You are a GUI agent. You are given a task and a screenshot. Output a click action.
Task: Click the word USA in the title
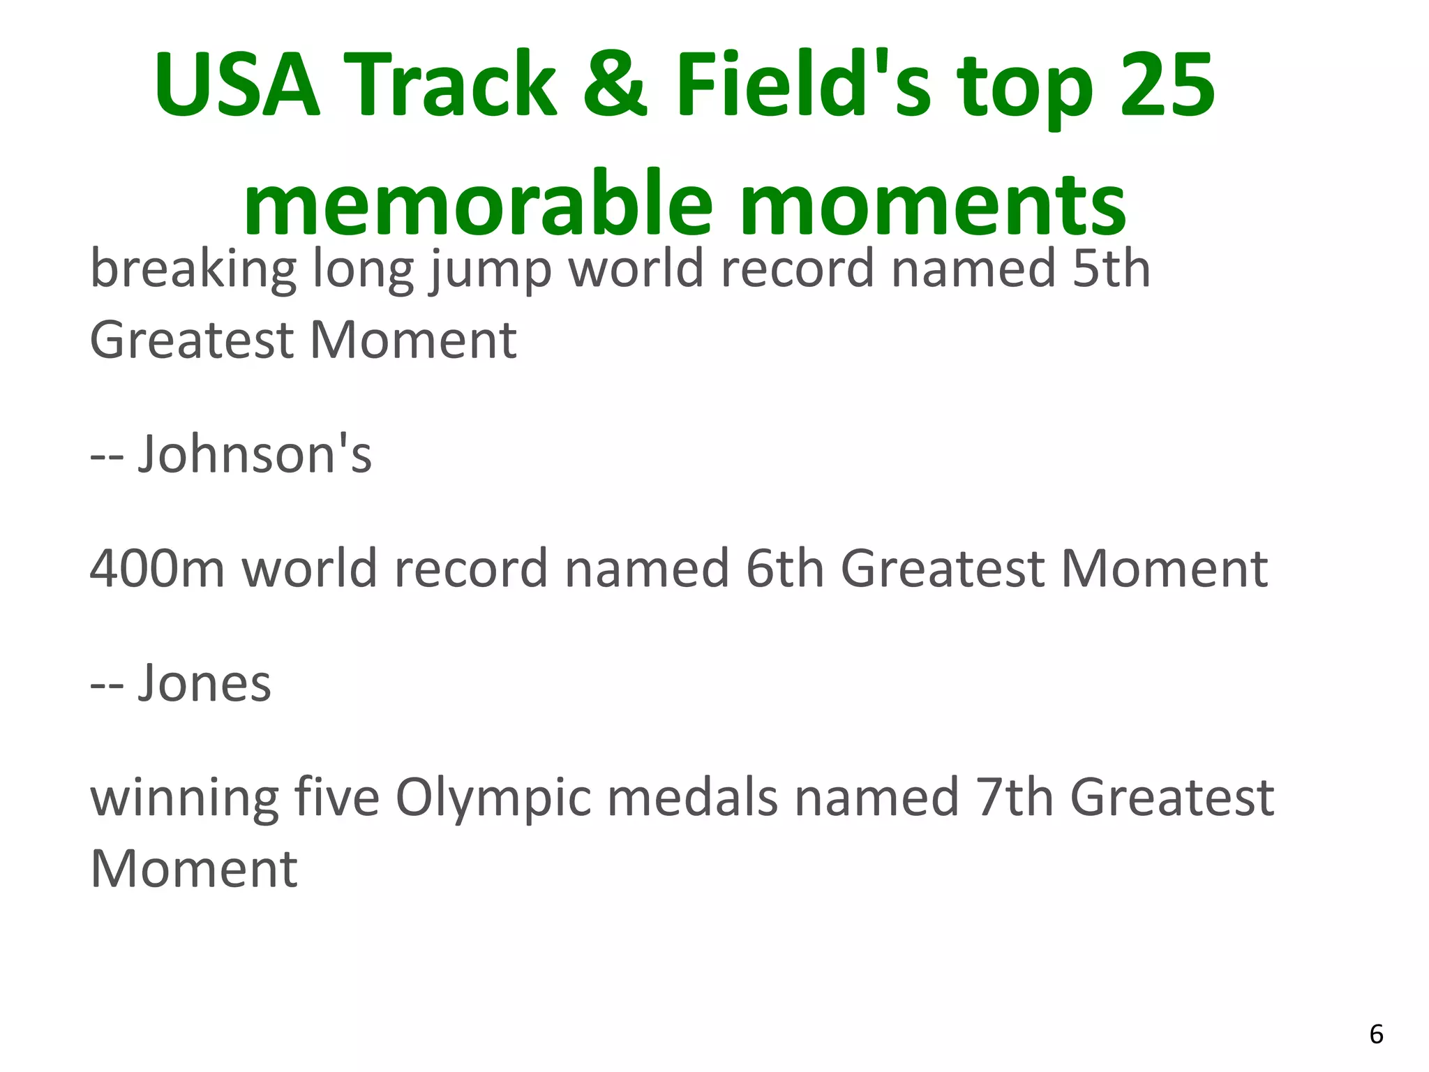(x=237, y=86)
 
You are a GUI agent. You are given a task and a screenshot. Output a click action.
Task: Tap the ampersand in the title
(x=614, y=86)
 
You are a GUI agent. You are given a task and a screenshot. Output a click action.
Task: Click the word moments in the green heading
(x=932, y=204)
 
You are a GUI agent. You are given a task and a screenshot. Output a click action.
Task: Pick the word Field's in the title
(x=802, y=86)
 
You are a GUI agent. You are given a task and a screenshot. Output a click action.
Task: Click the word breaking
(x=193, y=270)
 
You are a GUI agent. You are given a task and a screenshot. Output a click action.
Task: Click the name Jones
(x=204, y=683)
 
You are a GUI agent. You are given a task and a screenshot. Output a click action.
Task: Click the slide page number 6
(x=1376, y=1034)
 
